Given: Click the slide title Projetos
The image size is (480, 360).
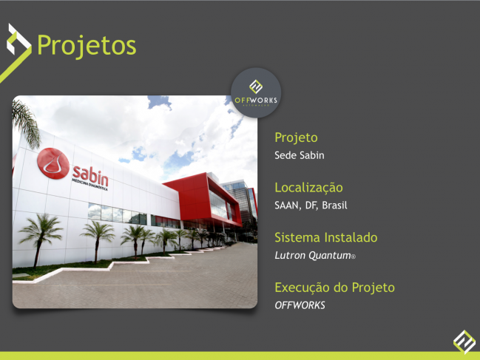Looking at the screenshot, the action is [87, 46].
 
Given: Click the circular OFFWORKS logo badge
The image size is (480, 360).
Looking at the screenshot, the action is [256, 92].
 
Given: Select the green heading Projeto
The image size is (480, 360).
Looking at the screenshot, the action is [296, 137].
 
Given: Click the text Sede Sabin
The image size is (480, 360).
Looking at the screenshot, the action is [299, 155].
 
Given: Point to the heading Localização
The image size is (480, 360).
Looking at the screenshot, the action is [308, 188].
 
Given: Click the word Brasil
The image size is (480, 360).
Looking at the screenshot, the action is [334, 206].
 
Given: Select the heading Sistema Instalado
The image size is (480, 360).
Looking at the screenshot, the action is [326, 237].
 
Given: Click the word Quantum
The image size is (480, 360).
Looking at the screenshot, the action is [330, 255].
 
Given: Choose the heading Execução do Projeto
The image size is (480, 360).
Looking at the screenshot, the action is [334, 288].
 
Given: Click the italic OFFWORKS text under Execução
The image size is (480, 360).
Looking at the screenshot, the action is [300, 305].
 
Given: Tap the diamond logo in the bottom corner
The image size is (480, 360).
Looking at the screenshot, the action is [464, 342].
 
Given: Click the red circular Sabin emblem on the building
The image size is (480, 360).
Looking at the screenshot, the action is [53, 163].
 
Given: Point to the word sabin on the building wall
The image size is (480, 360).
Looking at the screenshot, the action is [90, 176].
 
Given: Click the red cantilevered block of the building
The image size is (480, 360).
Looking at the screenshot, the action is [203, 199].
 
